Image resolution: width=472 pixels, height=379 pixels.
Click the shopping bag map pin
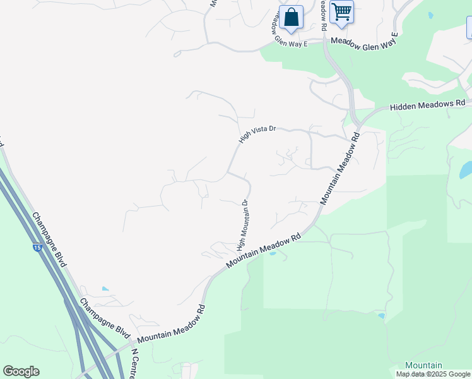point(291,17)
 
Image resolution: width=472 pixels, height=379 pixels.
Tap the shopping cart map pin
point(341,12)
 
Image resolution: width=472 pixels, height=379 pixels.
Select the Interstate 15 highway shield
point(38,248)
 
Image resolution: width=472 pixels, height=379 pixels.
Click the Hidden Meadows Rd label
point(427,104)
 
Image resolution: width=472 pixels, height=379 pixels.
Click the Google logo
point(21,371)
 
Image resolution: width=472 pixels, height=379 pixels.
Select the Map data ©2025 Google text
point(432,374)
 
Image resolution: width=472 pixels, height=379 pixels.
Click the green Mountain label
point(423,366)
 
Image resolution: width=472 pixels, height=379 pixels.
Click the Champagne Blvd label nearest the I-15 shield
point(49,239)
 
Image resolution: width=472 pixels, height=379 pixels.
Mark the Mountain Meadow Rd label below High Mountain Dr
point(263,251)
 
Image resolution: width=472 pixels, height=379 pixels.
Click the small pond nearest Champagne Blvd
point(105,289)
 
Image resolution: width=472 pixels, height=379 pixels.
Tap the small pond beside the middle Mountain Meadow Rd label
point(273,253)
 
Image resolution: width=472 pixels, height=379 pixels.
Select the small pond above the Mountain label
point(381,315)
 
